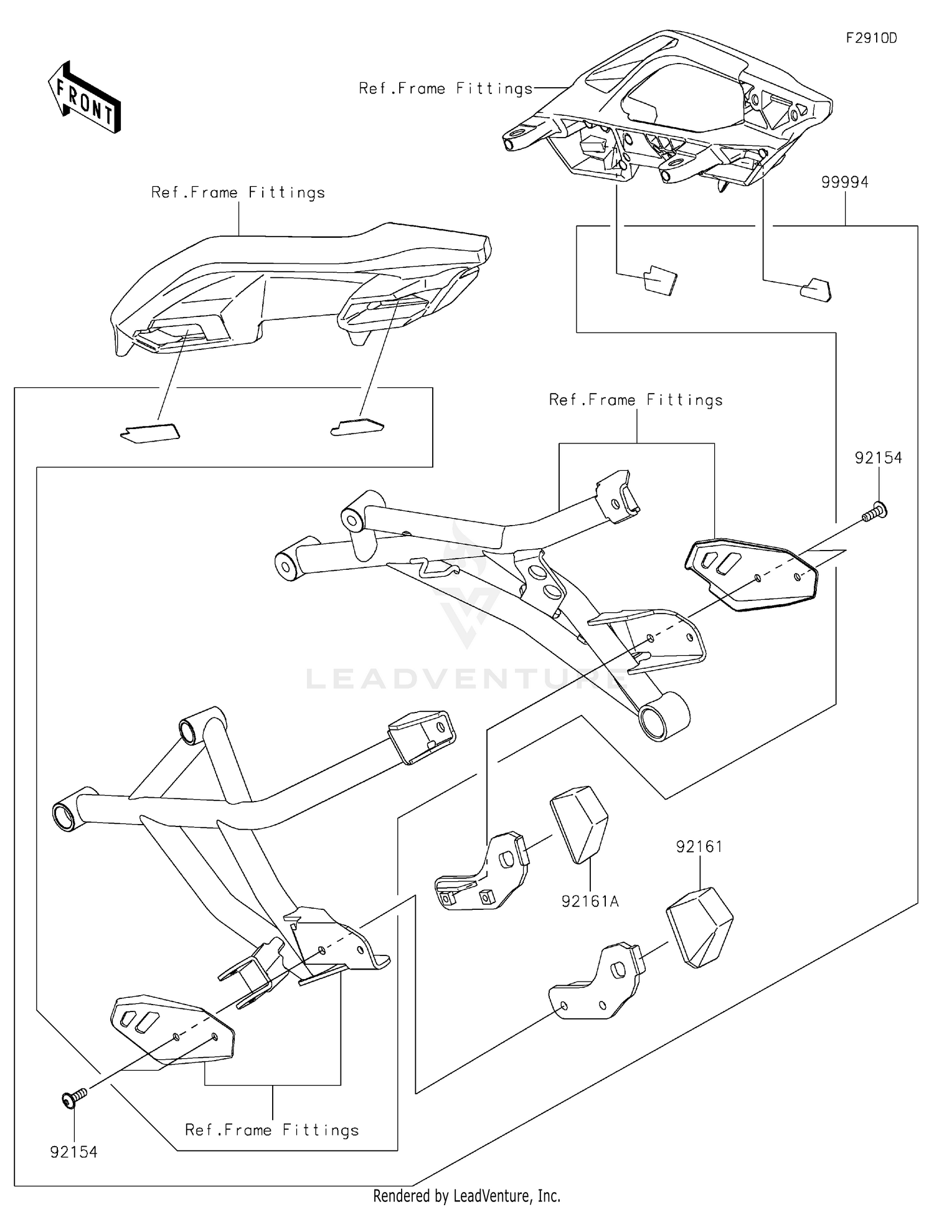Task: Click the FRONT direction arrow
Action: [x=84, y=98]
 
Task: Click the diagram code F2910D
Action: [x=871, y=38]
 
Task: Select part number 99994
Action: [x=844, y=182]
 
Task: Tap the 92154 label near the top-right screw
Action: [x=878, y=458]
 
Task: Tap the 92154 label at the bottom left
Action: [x=74, y=1152]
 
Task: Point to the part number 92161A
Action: [x=590, y=901]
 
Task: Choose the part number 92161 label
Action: [x=699, y=846]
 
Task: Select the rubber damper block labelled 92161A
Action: [x=578, y=823]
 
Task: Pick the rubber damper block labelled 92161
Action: [x=699, y=927]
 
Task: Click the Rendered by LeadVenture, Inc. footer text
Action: [x=466, y=1196]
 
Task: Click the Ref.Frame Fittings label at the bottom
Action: [x=272, y=1130]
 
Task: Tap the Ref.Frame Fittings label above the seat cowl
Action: [x=238, y=192]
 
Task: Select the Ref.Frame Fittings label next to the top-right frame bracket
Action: [x=446, y=88]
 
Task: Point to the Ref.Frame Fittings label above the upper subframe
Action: [x=636, y=400]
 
